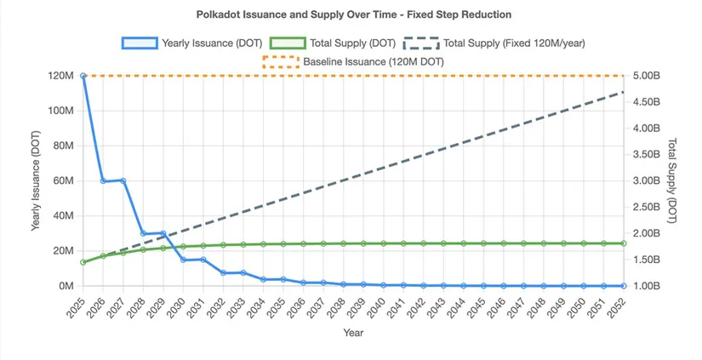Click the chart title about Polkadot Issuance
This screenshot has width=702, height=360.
click(x=354, y=14)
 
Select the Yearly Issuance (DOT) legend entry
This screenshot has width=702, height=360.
click(x=192, y=43)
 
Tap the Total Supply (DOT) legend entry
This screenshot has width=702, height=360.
click(x=333, y=43)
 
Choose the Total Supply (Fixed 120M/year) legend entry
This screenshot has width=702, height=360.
click(x=494, y=43)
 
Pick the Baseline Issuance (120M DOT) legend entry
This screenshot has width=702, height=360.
click(x=353, y=61)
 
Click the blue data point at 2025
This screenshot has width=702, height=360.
click(x=83, y=76)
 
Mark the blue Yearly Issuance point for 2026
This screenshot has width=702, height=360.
click(x=103, y=181)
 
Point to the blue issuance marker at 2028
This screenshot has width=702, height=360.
click(x=143, y=233)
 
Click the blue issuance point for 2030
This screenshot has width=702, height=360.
click(x=183, y=260)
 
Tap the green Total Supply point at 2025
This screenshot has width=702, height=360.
click(x=83, y=262)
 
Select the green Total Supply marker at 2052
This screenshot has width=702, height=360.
click(x=624, y=243)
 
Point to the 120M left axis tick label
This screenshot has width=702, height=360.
click(x=60, y=76)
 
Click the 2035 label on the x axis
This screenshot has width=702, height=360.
click(x=277, y=307)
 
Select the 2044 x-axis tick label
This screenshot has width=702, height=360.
click(x=458, y=307)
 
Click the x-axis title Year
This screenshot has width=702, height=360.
click(x=353, y=333)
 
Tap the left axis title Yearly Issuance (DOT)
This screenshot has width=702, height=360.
click(x=36, y=181)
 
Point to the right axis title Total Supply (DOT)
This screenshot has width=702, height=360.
click(x=671, y=180)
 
